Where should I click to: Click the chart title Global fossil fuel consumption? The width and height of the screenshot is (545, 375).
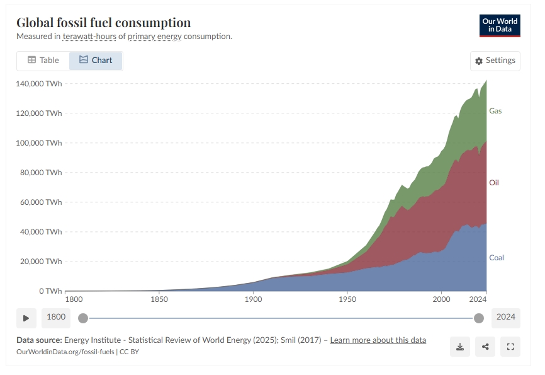[x=103, y=23]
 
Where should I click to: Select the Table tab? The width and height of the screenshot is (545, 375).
[x=43, y=61]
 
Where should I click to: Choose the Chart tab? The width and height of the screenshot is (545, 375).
[x=96, y=61]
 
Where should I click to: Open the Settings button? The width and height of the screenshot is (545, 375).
[x=495, y=61]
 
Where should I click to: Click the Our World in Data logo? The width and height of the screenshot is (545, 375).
[x=500, y=25]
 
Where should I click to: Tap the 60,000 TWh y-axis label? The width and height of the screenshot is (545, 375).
[x=43, y=202]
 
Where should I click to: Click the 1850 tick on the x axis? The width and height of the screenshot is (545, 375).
[x=159, y=300]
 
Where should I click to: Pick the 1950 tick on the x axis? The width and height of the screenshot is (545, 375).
[x=347, y=300]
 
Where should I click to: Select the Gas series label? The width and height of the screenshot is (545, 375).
[x=495, y=111]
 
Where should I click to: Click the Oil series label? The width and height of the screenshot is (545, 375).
[x=494, y=183]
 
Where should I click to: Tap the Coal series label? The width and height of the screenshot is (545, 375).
[x=497, y=258]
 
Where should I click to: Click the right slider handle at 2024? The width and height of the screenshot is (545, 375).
[x=479, y=318]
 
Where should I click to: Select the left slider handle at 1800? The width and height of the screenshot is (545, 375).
[x=83, y=318]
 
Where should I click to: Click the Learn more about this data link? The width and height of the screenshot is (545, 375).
[x=378, y=340]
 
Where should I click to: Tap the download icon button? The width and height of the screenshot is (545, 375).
[x=460, y=347]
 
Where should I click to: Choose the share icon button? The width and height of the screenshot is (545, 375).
[x=485, y=347]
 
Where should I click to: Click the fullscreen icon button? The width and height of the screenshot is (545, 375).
[x=510, y=347]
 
